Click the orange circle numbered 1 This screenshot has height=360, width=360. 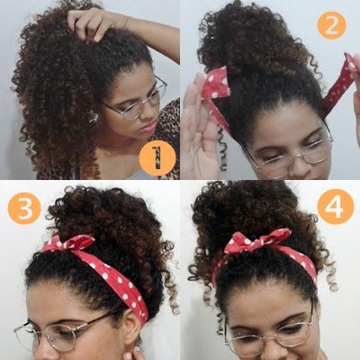pyautogui.click(x=157, y=157)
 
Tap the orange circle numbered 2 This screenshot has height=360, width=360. pyautogui.click(x=331, y=25)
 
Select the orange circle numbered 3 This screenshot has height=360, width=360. pyautogui.click(x=24, y=209)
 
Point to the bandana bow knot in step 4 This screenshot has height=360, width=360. pyautogui.click(x=258, y=240)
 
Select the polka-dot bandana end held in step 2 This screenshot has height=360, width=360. pyautogui.click(x=216, y=83)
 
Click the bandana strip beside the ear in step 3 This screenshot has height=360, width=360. pyautogui.click(x=138, y=304)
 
